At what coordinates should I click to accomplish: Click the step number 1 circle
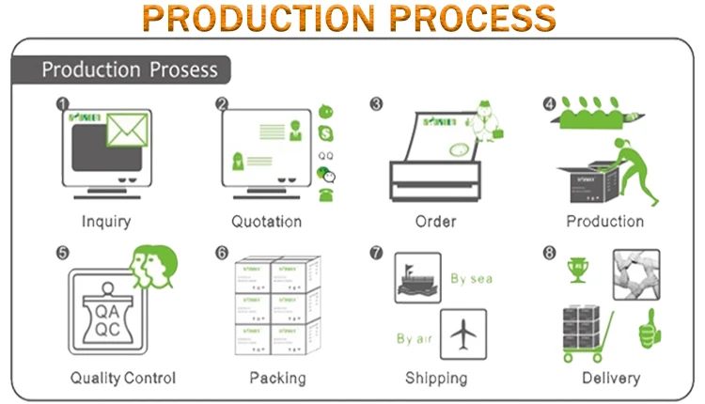point(62,103)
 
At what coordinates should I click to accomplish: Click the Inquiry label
point(106,222)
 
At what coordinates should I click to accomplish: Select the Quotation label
point(267,222)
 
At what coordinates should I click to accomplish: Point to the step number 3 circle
point(376,103)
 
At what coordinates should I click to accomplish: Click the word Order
point(435,222)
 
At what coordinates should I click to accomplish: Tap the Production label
point(604,222)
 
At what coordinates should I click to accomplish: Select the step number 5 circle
point(62,254)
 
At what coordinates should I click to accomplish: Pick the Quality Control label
point(123,379)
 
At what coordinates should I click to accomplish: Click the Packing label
point(277,379)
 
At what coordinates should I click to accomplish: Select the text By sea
point(471,278)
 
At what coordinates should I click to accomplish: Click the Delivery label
point(610,379)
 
